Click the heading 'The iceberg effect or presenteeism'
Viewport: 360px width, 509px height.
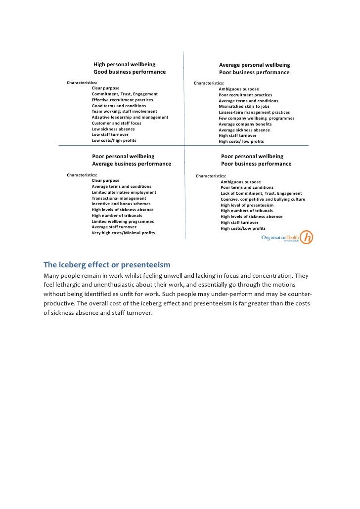107,264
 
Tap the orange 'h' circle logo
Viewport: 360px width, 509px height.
308,237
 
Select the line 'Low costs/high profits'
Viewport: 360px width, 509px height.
114,140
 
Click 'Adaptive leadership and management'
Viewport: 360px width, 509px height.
130,117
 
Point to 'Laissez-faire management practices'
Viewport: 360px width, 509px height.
254,112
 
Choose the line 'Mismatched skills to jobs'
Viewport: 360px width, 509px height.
244,106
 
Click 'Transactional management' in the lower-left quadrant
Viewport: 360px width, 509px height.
119,198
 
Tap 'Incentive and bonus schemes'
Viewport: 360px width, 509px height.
121,204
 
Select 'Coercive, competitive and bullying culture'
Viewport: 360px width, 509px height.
263,199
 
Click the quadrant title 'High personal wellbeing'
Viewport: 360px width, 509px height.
124,65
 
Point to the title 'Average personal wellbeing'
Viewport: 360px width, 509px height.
254,65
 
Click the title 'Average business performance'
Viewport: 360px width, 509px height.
132,164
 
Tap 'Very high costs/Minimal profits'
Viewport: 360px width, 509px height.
123,233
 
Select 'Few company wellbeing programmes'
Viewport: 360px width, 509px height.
256,118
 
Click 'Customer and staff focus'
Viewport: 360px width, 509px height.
116,123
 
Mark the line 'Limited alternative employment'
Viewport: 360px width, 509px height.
124,192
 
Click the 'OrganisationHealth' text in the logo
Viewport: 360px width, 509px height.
280,237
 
